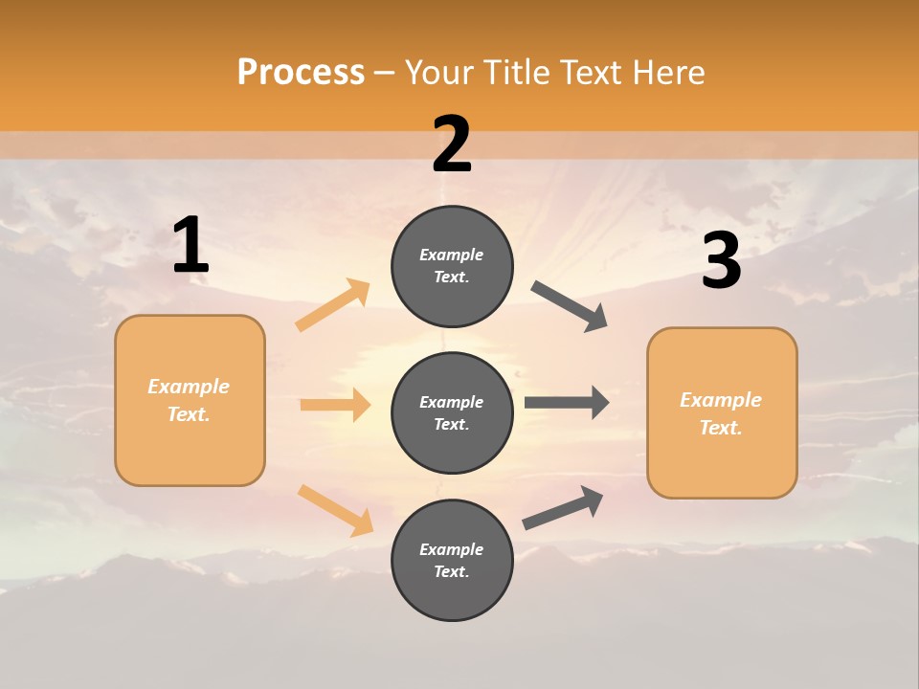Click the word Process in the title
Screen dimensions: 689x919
301,73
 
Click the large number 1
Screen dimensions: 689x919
191,246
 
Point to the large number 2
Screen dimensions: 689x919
452,145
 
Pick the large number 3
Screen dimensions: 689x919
721,261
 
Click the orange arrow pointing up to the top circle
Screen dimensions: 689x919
332,305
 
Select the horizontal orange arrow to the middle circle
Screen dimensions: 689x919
335,405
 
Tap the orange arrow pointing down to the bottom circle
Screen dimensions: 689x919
335,510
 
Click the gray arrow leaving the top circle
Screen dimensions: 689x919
570,306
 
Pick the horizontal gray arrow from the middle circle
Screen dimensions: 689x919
567,403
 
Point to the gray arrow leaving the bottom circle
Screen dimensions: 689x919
563,508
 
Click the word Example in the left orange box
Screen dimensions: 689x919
189,387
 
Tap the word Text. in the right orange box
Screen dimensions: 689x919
721,428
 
